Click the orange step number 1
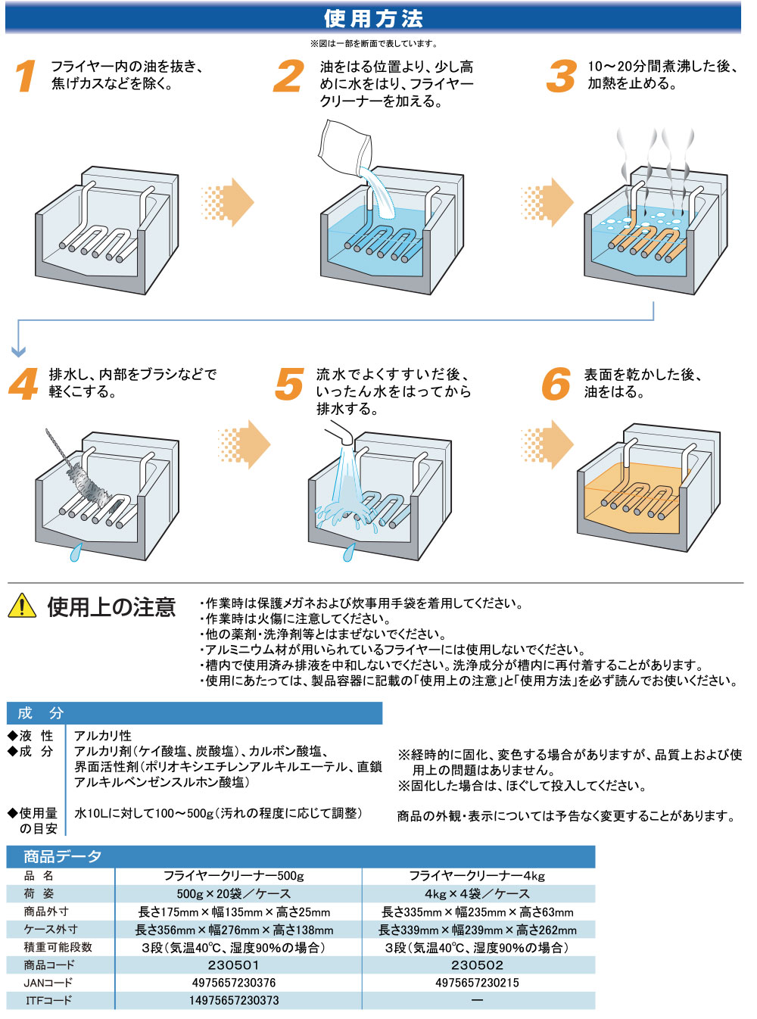pos(26,76)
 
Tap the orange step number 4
pos(23,384)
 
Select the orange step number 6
pos(556,384)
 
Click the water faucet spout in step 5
pos(340,435)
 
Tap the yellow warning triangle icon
pos(22,606)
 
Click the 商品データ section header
pos(62,856)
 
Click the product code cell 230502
pos(477,965)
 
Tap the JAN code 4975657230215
pos(477,983)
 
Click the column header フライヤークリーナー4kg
pos(477,876)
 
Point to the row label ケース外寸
pos(51,929)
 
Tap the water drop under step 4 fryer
pos(75,553)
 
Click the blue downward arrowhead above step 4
pos(19,351)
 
